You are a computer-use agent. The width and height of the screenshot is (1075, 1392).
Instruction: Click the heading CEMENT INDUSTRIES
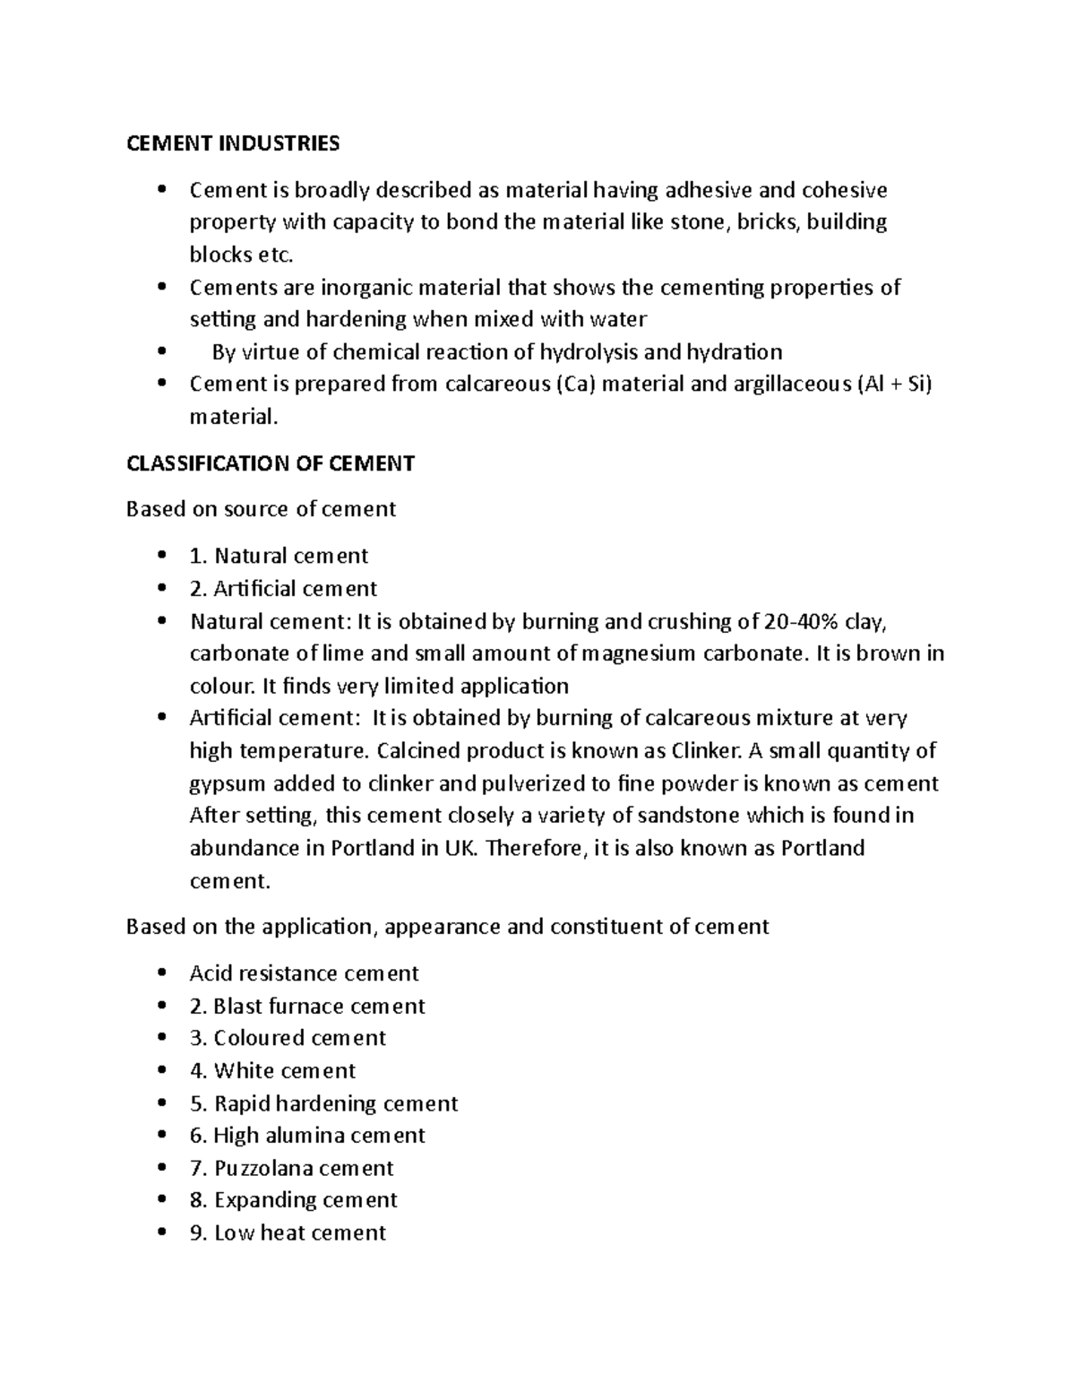[x=233, y=143]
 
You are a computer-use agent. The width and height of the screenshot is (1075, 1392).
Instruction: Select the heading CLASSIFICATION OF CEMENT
[x=270, y=463]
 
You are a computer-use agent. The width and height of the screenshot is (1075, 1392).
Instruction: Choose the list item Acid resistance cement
[x=304, y=973]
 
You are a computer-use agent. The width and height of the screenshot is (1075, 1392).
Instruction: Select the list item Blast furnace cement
[x=307, y=1006]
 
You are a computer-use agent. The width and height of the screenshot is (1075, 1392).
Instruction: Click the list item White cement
[x=272, y=1070]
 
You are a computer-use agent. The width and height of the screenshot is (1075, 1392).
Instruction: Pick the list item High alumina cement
[x=307, y=1136]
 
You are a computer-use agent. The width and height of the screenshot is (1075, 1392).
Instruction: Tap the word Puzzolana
[x=263, y=1168]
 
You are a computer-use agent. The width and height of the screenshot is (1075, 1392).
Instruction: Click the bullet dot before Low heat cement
[x=161, y=1232]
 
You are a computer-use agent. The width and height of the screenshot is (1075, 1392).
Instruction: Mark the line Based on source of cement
[x=261, y=509]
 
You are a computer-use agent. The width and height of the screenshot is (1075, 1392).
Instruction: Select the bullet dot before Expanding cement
[x=161, y=1200]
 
